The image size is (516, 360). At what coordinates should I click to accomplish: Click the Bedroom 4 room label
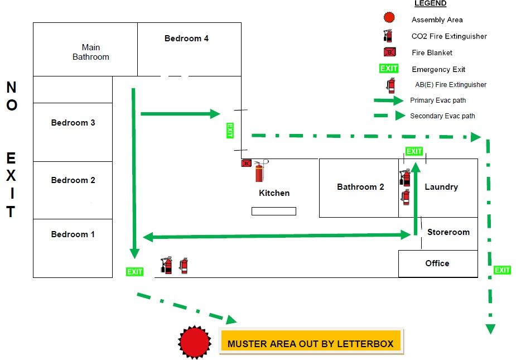point(186,39)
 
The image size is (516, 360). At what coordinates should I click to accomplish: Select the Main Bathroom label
point(91,52)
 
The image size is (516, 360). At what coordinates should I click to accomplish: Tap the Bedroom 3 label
point(73,123)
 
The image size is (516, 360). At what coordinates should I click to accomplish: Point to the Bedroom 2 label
point(73,180)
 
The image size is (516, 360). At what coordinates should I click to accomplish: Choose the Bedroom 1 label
point(73,234)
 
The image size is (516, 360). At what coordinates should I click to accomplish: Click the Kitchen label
point(274,193)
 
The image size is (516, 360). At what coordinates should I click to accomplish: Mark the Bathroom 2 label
point(360,187)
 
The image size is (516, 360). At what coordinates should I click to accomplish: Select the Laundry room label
point(441,187)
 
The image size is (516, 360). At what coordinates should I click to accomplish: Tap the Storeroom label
point(449,232)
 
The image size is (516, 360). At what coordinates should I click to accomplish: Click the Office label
point(437,263)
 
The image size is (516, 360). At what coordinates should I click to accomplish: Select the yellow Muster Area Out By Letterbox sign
point(311,344)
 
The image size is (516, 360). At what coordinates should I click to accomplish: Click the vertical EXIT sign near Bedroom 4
point(229,131)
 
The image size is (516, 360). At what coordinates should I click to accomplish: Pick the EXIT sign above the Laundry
point(414,151)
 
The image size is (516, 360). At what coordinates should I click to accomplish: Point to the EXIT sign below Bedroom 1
point(135,272)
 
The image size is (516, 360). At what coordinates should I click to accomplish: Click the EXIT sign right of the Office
point(503,270)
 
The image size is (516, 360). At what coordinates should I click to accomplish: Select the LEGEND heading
point(430,3)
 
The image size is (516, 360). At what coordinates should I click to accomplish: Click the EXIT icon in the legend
point(389,69)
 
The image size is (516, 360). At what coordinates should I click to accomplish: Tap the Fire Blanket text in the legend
point(432,53)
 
